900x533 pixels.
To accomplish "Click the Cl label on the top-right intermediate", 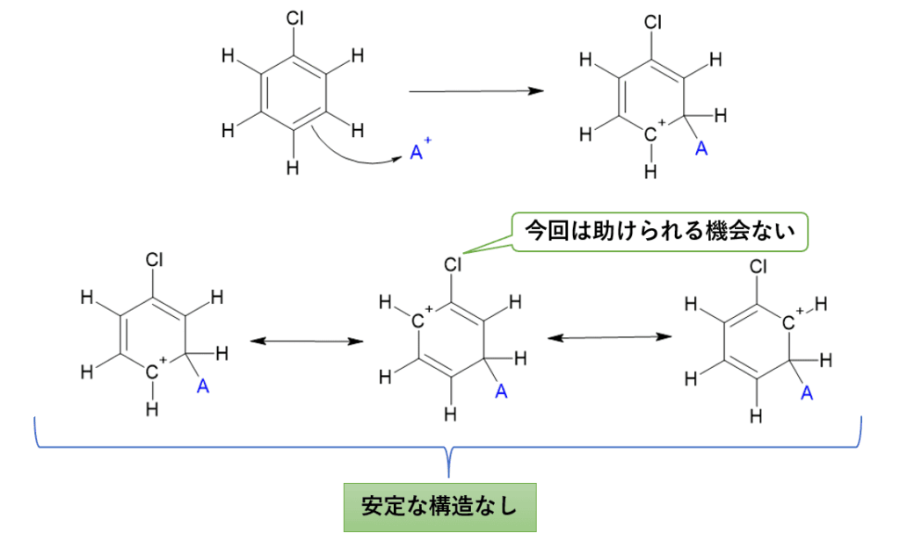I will tap(651, 21).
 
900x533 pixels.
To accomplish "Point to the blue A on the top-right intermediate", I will tap(700, 149).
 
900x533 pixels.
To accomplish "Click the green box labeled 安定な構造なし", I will tap(439, 507).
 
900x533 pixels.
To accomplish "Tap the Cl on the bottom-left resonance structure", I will tap(155, 260).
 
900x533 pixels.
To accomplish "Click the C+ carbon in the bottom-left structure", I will tap(154, 372).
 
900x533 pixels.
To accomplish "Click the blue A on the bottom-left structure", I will tap(203, 385).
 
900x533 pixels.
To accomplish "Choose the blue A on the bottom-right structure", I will tap(805, 394).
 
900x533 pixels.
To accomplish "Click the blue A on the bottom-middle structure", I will tap(501, 391).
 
